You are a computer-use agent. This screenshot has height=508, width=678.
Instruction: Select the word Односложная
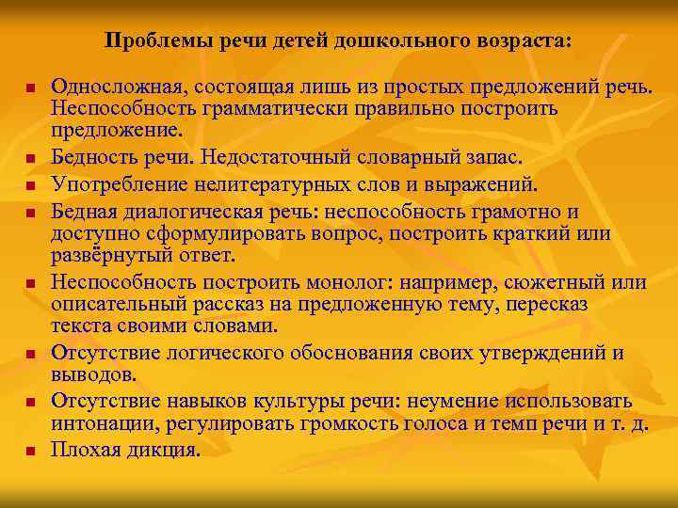[x=118, y=87]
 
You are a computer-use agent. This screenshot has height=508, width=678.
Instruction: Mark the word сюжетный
[x=552, y=283]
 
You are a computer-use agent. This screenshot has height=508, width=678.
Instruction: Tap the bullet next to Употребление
[x=30, y=184]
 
